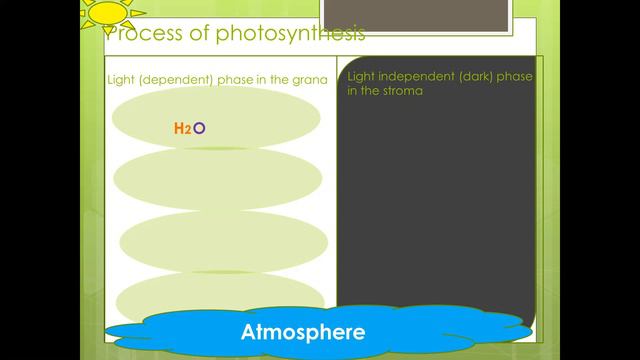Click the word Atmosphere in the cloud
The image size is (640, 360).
pyautogui.click(x=303, y=331)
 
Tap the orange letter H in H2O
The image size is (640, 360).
pyautogui.click(x=179, y=128)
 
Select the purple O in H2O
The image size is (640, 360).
pyautogui.click(x=199, y=128)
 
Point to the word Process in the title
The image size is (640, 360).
pyautogui.click(x=136, y=35)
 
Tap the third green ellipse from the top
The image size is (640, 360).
pyautogui.click(x=225, y=240)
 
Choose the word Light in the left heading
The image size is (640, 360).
pyautogui.click(x=120, y=79)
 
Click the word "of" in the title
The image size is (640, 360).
pyautogui.click(x=189, y=34)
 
